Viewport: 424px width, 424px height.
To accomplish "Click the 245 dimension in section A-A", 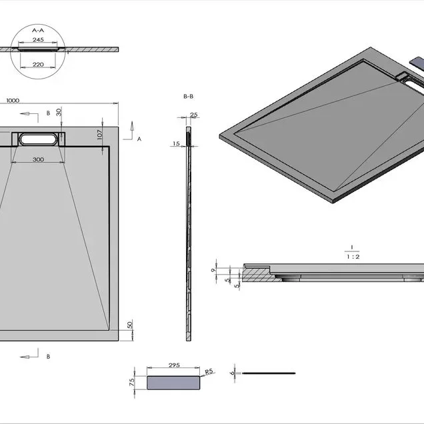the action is (38, 40).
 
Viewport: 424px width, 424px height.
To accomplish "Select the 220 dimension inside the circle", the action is (38, 65).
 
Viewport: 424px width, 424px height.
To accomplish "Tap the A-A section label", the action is (38, 30).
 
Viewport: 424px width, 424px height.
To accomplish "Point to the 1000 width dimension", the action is (13, 101).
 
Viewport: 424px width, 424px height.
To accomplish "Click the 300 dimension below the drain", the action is (38, 159).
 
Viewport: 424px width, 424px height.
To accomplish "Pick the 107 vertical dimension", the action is (100, 135).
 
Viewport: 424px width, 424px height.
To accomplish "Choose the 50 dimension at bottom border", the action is (130, 325).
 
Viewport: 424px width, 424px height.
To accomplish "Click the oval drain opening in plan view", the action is (38, 139).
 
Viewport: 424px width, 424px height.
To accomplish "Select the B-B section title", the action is (188, 96).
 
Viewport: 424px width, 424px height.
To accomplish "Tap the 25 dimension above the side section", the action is (194, 115).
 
